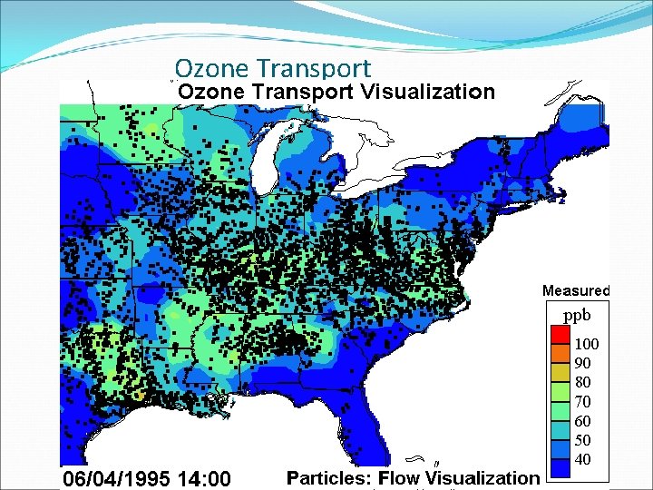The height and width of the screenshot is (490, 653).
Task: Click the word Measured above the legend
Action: coord(576,291)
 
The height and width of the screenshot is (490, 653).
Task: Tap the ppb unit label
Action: coord(577,316)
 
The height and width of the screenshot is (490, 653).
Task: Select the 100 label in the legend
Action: coord(587,345)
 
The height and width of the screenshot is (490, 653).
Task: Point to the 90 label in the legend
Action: coord(583,363)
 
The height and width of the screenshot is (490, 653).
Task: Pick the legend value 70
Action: coord(583,401)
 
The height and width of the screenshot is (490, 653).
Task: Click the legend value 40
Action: coord(583,459)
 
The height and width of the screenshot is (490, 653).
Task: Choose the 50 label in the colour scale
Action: coord(583,440)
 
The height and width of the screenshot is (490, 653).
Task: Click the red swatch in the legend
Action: coord(560,335)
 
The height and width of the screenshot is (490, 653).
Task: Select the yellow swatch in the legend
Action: coord(560,373)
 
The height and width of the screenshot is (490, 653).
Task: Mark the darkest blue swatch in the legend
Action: coord(560,468)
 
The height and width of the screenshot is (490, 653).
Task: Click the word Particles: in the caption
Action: coord(330,478)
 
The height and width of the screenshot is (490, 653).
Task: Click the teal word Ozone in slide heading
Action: coord(213,68)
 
